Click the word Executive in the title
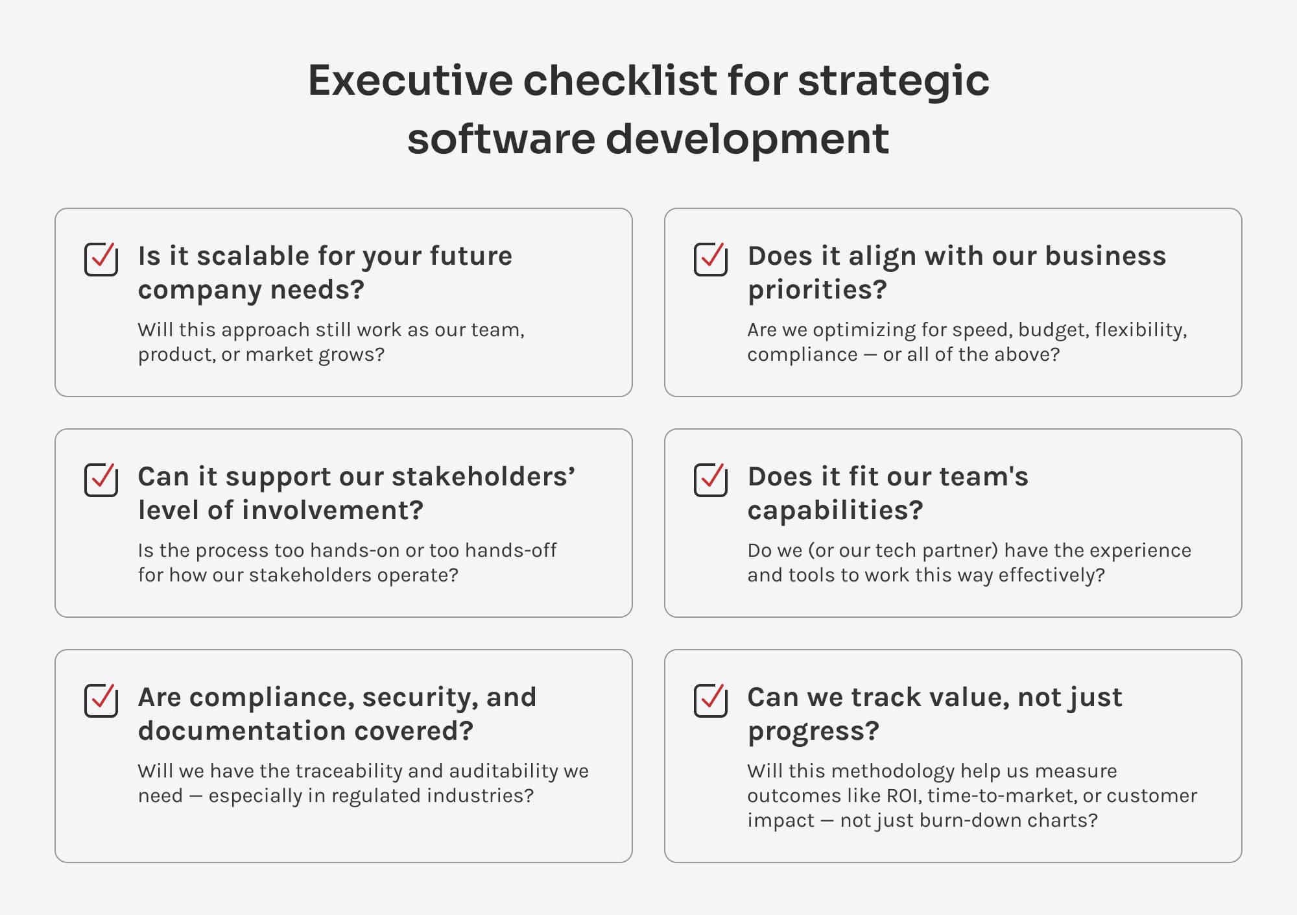(x=411, y=80)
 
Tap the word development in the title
(x=747, y=140)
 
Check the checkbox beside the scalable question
(x=101, y=259)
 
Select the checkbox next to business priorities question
(x=711, y=259)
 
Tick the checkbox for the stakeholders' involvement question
(x=101, y=480)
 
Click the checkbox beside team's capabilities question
(x=711, y=480)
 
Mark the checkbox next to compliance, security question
(x=101, y=700)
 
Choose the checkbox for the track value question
(x=711, y=700)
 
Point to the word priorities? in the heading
(x=817, y=290)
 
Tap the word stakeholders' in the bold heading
(x=483, y=477)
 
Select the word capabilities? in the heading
(x=835, y=511)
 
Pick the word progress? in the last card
(x=813, y=731)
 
